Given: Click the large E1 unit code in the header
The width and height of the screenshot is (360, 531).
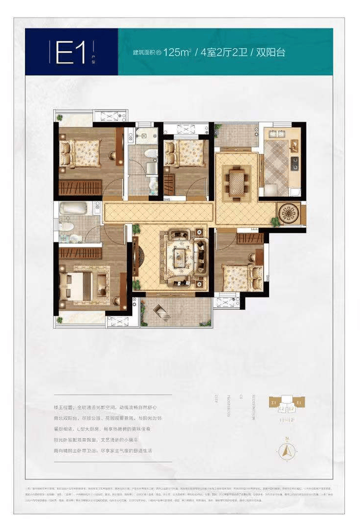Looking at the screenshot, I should (x=72, y=52).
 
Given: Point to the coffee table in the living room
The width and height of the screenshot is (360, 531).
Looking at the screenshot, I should (x=179, y=256).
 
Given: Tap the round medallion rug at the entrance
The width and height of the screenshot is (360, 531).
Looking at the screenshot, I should (x=288, y=212).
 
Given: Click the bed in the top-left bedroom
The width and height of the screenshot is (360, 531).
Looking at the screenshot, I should (x=81, y=152).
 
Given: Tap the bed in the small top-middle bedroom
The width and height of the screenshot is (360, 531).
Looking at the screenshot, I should (x=184, y=153).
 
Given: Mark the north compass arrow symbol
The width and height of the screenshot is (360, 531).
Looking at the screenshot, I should (x=286, y=449).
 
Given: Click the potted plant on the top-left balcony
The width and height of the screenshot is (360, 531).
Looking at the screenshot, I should (x=60, y=118).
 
